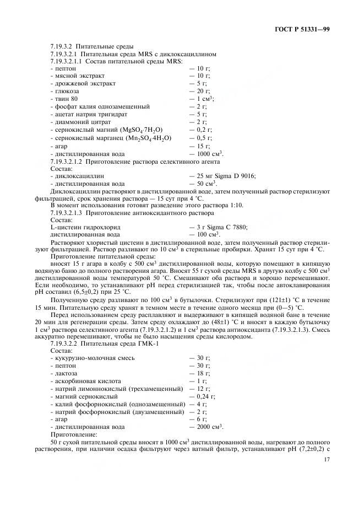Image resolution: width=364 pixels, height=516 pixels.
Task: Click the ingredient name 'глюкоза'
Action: (66, 91)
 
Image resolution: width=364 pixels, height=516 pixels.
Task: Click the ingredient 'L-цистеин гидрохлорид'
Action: (85, 227)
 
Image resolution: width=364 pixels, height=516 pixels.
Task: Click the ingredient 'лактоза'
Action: (66, 373)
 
